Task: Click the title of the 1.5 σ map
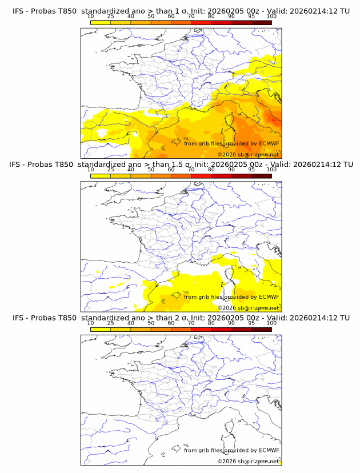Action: pyautogui.click(x=181, y=164)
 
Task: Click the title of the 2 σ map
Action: pyautogui.click(x=181, y=318)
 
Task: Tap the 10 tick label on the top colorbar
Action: pyautogui.click(x=91, y=17)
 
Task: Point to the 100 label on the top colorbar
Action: pyautogui.click(x=271, y=17)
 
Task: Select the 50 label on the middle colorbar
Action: pyautogui.click(x=151, y=170)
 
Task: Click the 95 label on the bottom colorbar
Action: pyautogui.click(x=251, y=323)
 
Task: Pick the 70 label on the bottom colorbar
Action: pyautogui.click(x=191, y=323)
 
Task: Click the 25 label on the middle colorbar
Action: pyautogui.click(x=111, y=170)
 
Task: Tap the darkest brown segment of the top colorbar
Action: pyautogui.click(x=261, y=23)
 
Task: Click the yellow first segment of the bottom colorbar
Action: pyautogui.click(x=101, y=330)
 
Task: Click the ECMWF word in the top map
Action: pyautogui.click(x=269, y=143)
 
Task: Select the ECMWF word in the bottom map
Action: pyautogui.click(x=269, y=450)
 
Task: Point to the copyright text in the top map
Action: pyautogui.click(x=248, y=155)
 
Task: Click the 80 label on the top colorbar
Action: pyautogui.click(x=211, y=17)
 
